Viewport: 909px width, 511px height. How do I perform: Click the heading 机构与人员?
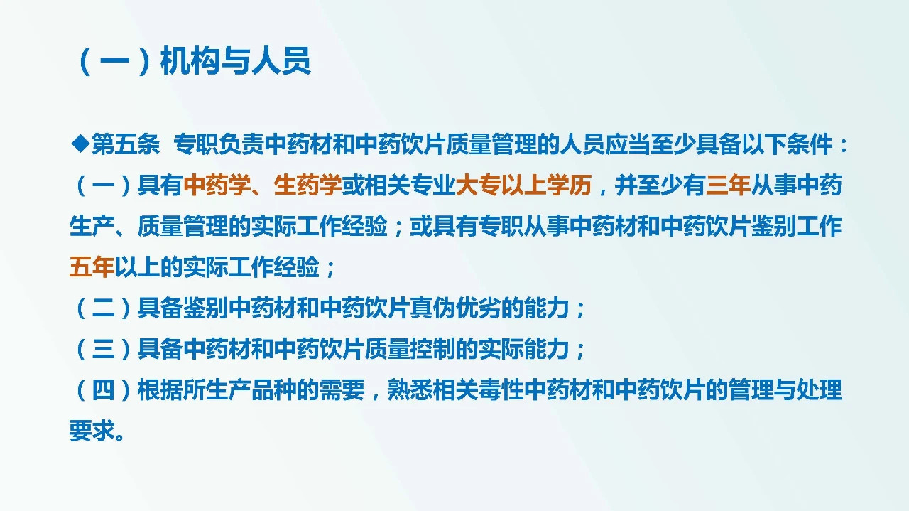coord(235,63)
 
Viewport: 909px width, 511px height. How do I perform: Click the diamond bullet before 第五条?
coord(80,145)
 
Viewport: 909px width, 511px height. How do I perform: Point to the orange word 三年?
coord(728,186)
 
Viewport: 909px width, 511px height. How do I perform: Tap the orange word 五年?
coord(91,268)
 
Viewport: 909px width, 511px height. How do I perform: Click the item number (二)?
coord(103,309)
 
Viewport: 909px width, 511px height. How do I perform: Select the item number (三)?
coord(103,350)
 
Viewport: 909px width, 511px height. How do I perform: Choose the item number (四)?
coord(103,391)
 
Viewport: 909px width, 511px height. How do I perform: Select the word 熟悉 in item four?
coord(409,391)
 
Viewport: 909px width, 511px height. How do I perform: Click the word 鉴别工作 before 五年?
coord(797,227)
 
